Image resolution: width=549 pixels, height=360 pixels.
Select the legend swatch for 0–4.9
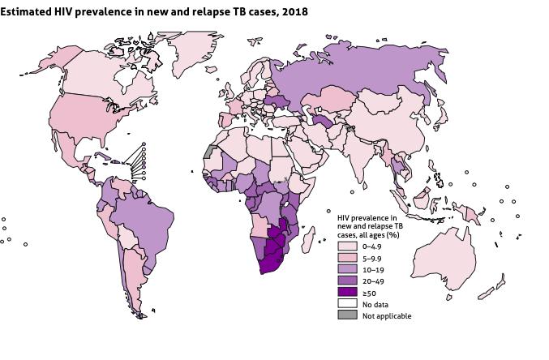pos(347,246)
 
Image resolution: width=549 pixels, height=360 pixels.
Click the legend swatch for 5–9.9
pos(347,257)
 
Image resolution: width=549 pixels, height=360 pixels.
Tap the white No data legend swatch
pos(347,303)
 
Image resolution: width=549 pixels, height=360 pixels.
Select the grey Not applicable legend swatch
pos(347,315)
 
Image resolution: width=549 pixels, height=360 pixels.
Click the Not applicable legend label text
pos(387,315)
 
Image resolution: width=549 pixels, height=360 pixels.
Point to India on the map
pos(369,162)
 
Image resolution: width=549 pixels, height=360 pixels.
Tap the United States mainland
pos(81,118)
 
